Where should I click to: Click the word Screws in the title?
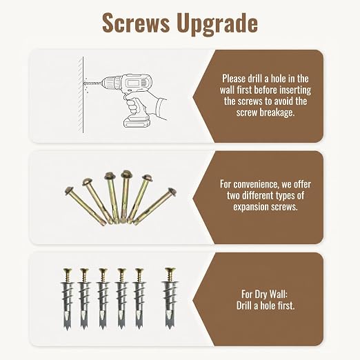coord(136,23)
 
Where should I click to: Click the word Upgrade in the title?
coord(217,24)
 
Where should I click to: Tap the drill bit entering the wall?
coord(94,83)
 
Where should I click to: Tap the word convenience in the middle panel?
coord(256,184)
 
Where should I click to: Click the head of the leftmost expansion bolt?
coord(69,191)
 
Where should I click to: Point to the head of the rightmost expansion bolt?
coord(172,192)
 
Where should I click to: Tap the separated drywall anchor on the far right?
coord(170,298)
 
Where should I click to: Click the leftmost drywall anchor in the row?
coord(68,299)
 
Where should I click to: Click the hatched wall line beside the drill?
coord(81,94)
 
